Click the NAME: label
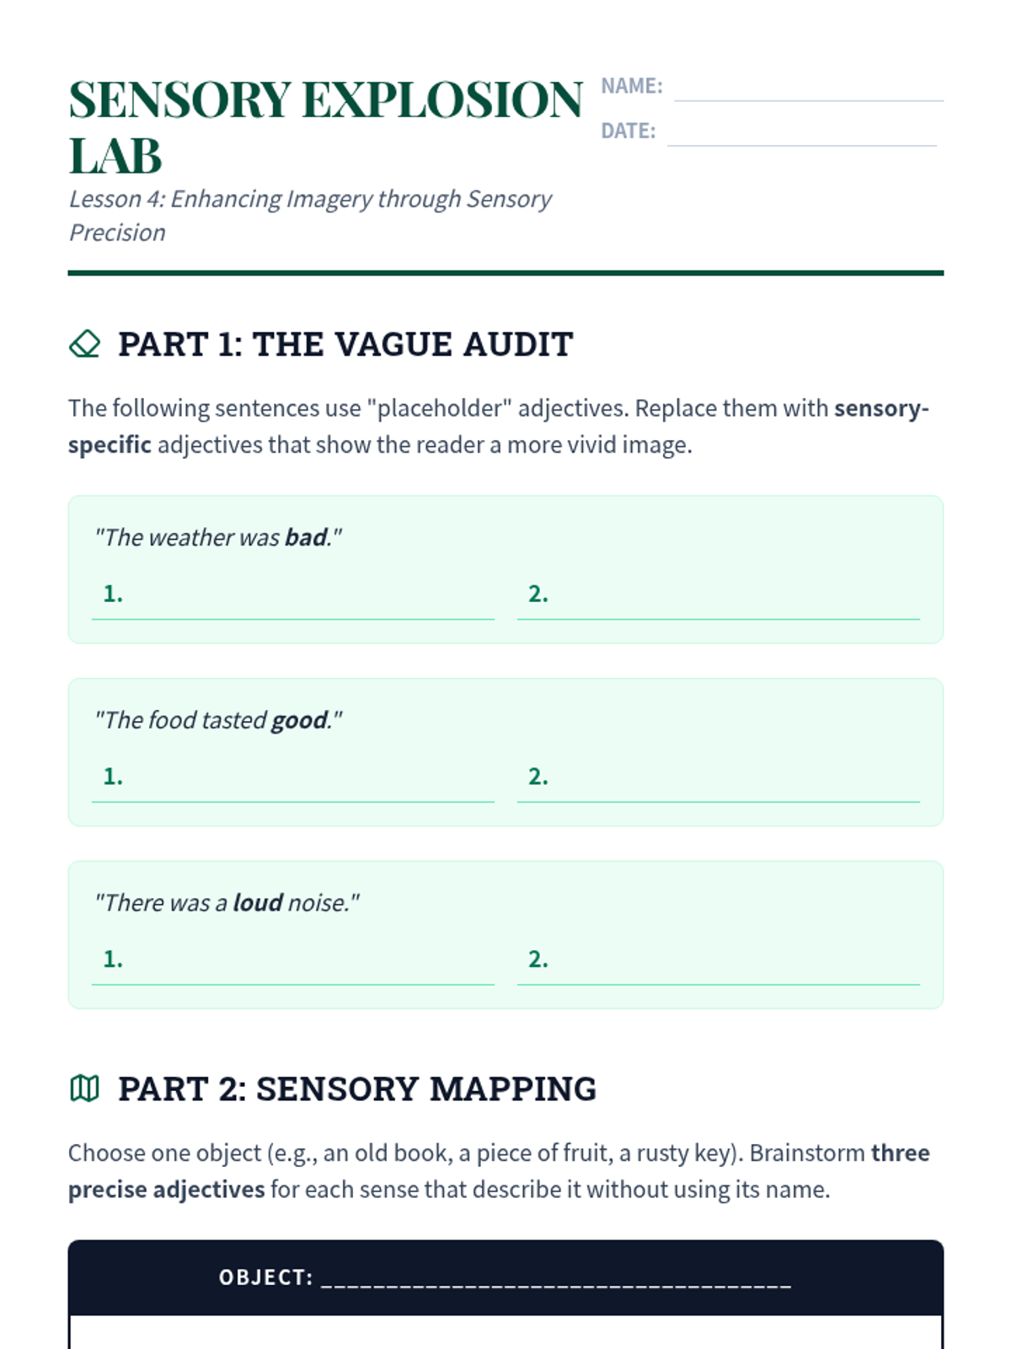pos(631,86)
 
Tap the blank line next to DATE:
pos(801,135)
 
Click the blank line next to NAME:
pos(808,90)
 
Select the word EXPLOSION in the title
pos(441,100)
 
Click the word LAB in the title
pos(115,157)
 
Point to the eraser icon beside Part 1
pos(84,344)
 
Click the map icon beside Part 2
pos(84,1088)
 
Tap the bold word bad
pos(306,538)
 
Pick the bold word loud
pos(258,903)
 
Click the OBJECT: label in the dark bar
pos(265,1278)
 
